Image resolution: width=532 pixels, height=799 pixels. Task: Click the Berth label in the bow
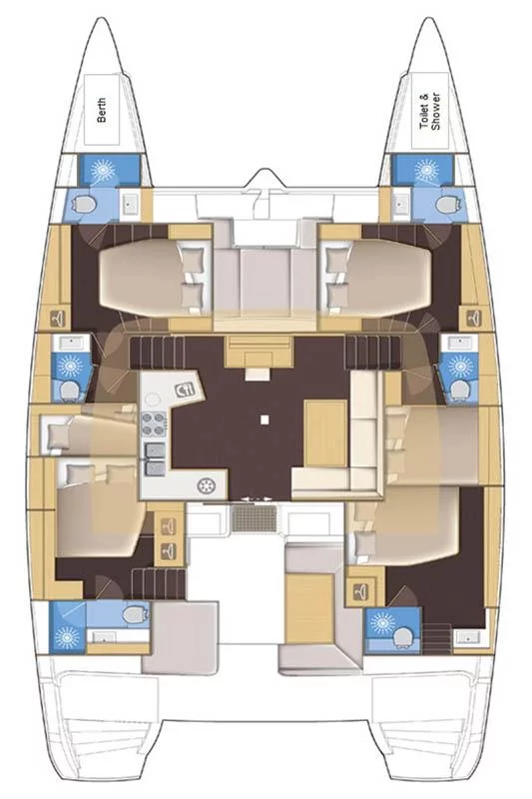pyautogui.click(x=103, y=110)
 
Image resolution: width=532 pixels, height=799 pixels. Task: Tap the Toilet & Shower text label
pyautogui.click(x=429, y=111)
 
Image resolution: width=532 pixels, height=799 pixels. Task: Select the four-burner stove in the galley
pyautogui.click(x=155, y=423)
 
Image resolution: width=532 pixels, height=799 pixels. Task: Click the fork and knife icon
pyautogui.click(x=185, y=390)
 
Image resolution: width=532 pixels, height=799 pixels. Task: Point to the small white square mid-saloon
pyautogui.click(x=264, y=419)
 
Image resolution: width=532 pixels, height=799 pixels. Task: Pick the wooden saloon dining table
pyautogui.click(x=326, y=433)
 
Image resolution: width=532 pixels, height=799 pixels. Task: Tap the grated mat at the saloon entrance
pyautogui.click(x=255, y=519)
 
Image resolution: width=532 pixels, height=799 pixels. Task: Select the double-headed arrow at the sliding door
pyautogui.click(x=255, y=499)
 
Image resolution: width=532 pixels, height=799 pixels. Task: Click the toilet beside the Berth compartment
pyautogui.click(x=85, y=204)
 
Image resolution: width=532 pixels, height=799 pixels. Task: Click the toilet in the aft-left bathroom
pyautogui.click(x=133, y=614)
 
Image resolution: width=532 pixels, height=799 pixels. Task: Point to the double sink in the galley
pyautogui.click(x=155, y=459)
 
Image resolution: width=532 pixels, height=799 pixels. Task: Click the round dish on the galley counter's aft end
pyautogui.click(x=207, y=486)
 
